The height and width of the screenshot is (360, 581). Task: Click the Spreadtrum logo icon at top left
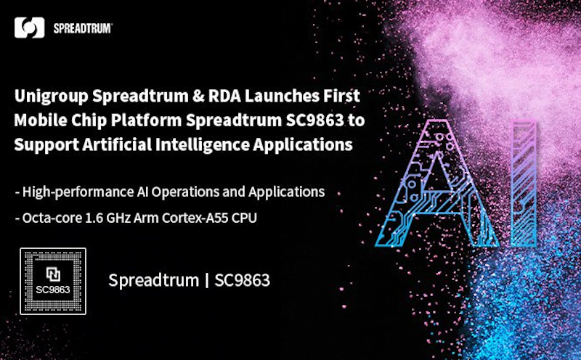click(x=29, y=28)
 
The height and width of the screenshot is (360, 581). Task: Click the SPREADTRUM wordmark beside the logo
click(x=83, y=28)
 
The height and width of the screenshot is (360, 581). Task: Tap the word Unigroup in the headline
click(x=52, y=97)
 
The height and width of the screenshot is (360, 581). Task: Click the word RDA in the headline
click(x=224, y=96)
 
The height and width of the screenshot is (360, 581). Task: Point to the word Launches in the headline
click(x=282, y=96)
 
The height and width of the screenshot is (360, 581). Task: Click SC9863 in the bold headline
click(x=315, y=120)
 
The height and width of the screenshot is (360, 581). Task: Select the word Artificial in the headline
click(x=117, y=144)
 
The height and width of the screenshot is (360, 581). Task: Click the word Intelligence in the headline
click(x=202, y=145)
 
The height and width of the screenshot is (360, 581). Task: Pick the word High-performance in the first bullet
click(x=78, y=192)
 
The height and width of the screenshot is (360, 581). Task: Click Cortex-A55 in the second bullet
click(x=195, y=218)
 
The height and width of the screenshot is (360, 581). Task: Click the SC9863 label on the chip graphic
click(x=53, y=290)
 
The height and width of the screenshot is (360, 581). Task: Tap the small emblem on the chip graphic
click(x=53, y=274)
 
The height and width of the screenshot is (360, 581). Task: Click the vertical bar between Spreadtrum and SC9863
click(x=207, y=280)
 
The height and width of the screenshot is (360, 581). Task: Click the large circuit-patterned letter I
click(x=523, y=184)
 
